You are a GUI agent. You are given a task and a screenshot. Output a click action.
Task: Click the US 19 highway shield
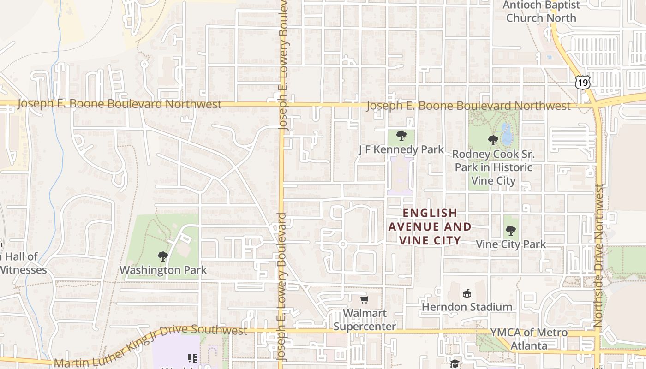pyautogui.click(x=583, y=83)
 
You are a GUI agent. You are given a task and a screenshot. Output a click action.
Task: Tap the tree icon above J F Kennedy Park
pyautogui.click(x=401, y=136)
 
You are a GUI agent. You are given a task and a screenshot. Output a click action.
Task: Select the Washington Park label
pyautogui.click(x=163, y=270)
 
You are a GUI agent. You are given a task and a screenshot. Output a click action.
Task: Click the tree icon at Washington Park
pyautogui.click(x=162, y=256)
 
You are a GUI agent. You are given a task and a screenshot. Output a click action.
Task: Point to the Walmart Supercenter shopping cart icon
pyautogui.click(x=364, y=300)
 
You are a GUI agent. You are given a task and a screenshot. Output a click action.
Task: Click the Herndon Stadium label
pyautogui.click(x=467, y=307)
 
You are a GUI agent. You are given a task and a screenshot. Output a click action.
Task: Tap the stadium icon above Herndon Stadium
pyautogui.click(x=467, y=293)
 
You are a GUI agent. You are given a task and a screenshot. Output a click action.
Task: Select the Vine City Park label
pyautogui.click(x=510, y=244)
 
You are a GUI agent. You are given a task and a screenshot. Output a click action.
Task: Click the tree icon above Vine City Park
pyautogui.click(x=510, y=230)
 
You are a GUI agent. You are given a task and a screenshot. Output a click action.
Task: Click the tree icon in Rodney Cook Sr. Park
pyautogui.click(x=493, y=140)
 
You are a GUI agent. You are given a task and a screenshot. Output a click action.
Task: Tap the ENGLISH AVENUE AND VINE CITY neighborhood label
pyautogui.click(x=430, y=226)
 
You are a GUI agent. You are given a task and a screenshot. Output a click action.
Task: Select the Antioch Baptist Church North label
pyautogui.click(x=541, y=12)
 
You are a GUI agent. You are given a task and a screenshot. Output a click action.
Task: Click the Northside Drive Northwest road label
pyautogui.click(x=599, y=256)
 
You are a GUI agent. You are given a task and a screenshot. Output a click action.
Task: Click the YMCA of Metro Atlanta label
pyautogui.click(x=529, y=339)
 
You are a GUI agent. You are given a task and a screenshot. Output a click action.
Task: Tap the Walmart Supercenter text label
pyautogui.click(x=365, y=320)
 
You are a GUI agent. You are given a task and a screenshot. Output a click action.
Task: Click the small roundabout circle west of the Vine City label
pyautogui.click(x=343, y=244)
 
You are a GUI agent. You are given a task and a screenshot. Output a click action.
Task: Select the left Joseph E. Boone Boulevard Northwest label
pyautogui.click(x=119, y=104)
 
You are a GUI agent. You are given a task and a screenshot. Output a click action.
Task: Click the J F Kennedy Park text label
pyautogui.click(x=401, y=149)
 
